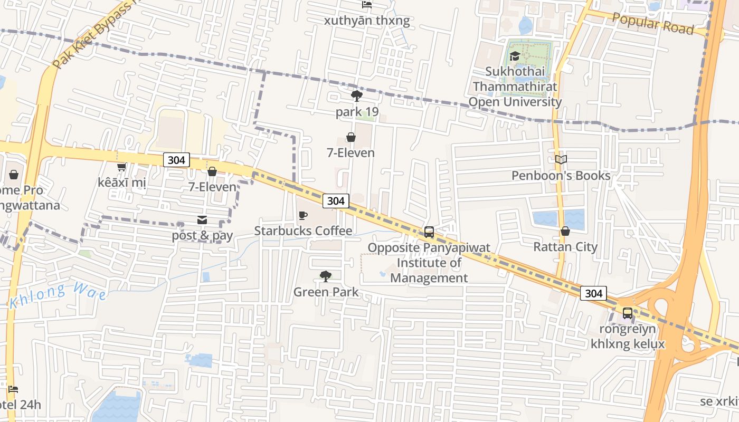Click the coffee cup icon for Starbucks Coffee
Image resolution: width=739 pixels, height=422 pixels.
pos(303,215)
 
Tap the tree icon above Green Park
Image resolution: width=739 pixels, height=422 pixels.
pos(326,276)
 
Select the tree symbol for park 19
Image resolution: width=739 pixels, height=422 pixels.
pos(357,96)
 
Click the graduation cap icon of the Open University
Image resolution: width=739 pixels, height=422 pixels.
pos(515,56)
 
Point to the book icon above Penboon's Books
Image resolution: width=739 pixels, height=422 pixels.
pos(561,159)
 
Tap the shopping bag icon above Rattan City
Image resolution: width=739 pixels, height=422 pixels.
pos(565,231)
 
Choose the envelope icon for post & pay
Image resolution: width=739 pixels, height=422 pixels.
pos(202,220)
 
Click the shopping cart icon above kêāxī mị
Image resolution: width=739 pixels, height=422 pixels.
pos(121,167)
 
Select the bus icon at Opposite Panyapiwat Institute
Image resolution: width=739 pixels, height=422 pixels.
pos(429,232)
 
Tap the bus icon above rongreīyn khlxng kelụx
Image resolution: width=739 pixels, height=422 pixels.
pos(627,313)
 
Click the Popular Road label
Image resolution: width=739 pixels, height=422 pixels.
pos(653,24)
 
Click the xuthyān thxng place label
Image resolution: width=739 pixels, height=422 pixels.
pos(367,21)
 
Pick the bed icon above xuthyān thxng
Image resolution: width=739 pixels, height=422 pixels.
pos(367,5)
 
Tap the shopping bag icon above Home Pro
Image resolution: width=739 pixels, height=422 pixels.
pos(14,174)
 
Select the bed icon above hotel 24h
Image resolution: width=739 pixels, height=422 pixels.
pos(13,389)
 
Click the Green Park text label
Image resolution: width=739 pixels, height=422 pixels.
pos(326,292)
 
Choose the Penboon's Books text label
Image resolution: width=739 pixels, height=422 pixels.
pos(561,175)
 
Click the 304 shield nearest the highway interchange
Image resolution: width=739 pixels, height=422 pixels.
pos(593,293)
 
